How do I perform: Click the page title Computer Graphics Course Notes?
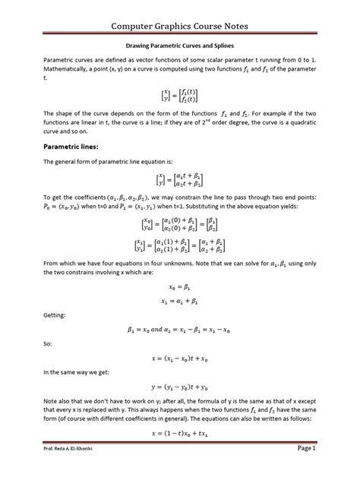click(180, 27)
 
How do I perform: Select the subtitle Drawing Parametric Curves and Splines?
click(180, 45)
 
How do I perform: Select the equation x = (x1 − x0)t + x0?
click(180, 353)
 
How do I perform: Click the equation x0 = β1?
click(180, 288)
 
